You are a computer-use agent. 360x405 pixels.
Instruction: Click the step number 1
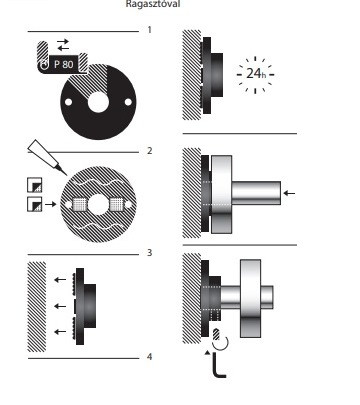pyautogui.click(x=148, y=30)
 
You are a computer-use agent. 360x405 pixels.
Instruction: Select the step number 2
pyautogui.click(x=148, y=150)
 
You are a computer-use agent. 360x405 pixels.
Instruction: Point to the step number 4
pyautogui.click(x=148, y=356)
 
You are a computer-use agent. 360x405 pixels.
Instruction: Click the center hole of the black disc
pyautogui.click(x=97, y=101)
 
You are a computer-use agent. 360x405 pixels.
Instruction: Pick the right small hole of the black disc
pyautogui.click(x=129, y=101)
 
